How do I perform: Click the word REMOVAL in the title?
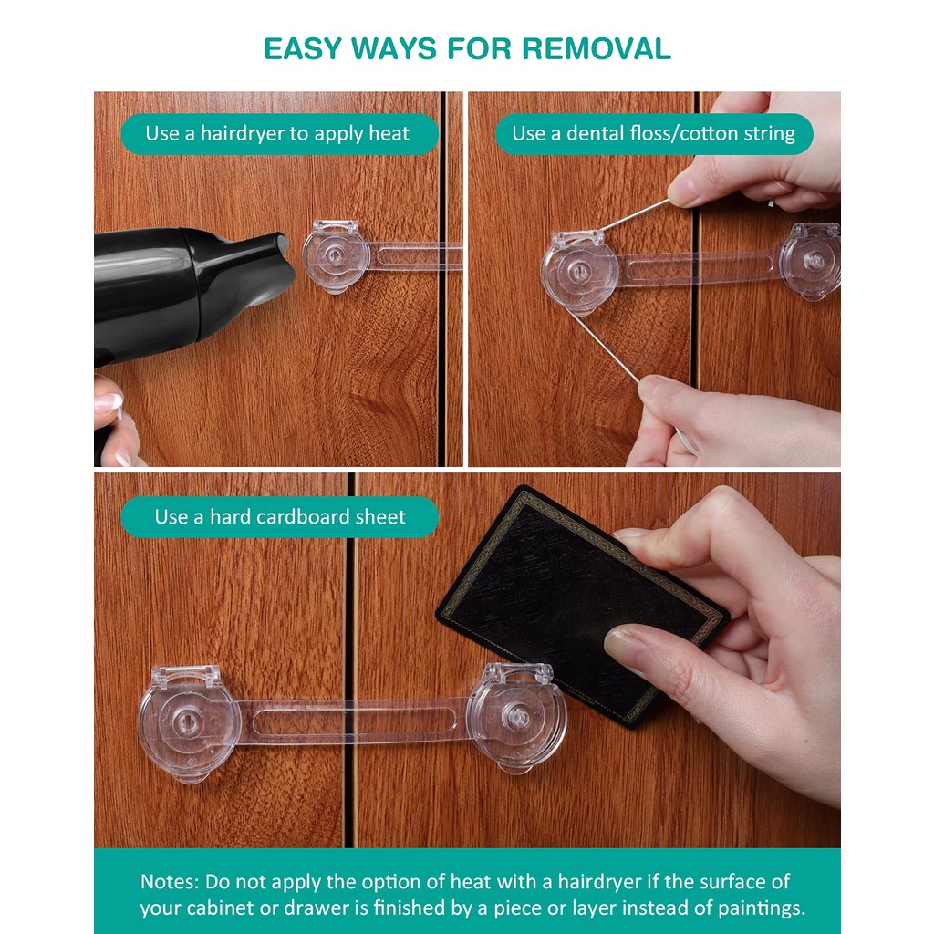pos(597,49)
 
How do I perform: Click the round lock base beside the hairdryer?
pos(336,257)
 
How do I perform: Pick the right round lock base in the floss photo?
pos(810,261)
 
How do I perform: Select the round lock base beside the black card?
pos(516,717)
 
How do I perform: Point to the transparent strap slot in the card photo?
pos(355,721)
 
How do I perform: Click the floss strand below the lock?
pos(606,348)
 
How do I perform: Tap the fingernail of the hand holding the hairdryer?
pos(109,403)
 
